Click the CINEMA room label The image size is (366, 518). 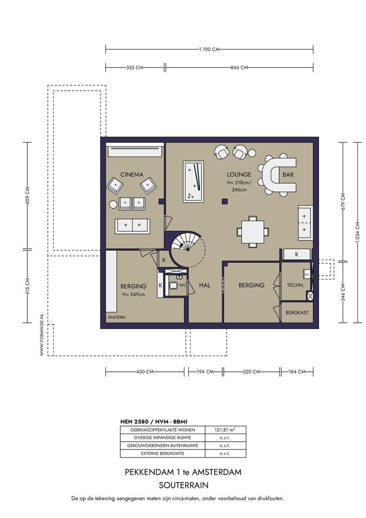[x=132, y=175]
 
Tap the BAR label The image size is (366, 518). [x=288, y=175]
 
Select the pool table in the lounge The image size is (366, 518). [x=194, y=181]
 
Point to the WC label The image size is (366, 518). [x=183, y=285]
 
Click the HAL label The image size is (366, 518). [x=205, y=285]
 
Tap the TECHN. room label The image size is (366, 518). [x=296, y=285]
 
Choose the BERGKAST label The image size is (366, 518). [x=297, y=312]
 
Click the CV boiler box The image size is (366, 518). [x=307, y=274]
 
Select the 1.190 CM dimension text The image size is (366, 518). [x=209, y=49]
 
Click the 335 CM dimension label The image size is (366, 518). [x=135, y=68]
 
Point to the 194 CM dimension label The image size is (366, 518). [x=205, y=372]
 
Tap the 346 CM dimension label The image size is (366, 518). [x=343, y=292]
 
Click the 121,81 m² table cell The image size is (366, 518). [x=225, y=430]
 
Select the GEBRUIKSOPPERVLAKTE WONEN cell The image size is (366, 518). [x=163, y=430]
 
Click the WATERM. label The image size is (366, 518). [x=117, y=318]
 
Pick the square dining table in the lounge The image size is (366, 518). [x=252, y=231]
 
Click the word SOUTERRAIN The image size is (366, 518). [x=183, y=485]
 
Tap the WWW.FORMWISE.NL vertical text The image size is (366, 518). [x=42, y=335]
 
